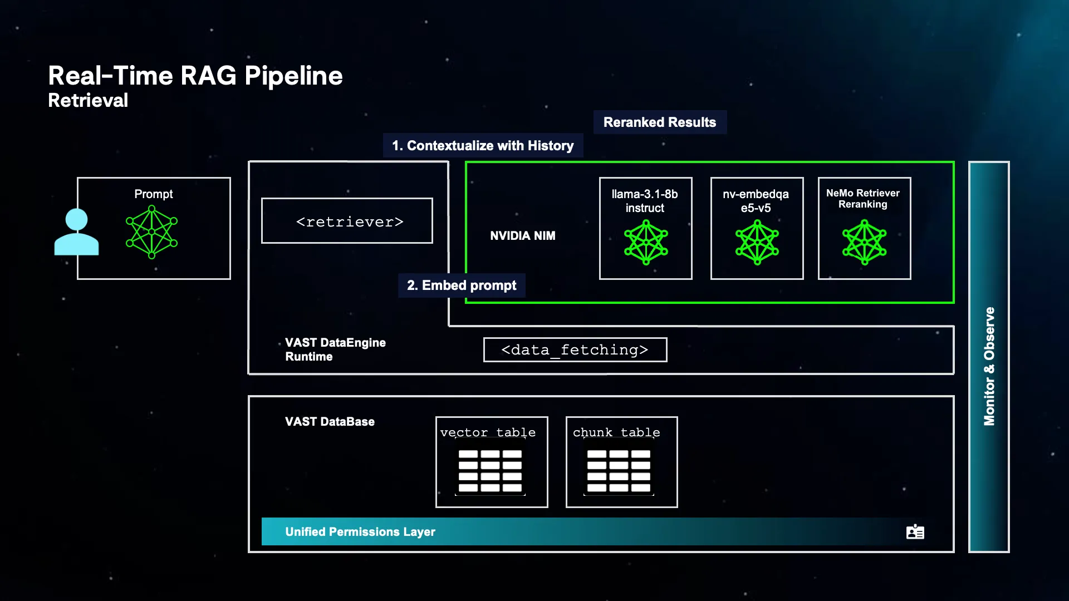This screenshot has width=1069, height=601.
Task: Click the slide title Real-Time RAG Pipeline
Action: [x=195, y=76]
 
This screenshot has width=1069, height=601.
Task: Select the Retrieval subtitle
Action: [x=88, y=101]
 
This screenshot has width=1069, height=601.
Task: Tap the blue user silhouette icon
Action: [x=76, y=232]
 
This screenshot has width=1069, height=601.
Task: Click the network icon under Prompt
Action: [x=151, y=232]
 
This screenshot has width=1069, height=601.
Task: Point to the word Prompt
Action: [x=153, y=194]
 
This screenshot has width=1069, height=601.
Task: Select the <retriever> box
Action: [x=347, y=221]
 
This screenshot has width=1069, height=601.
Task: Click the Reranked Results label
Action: [x=659, y=122]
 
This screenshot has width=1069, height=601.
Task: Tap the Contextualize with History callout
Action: [x=483, y=146]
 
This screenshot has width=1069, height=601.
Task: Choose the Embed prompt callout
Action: [x=462, y=285]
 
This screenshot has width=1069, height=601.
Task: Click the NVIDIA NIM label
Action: [x=522, y=236]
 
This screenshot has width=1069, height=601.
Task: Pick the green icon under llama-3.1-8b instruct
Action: [x=646, y=243]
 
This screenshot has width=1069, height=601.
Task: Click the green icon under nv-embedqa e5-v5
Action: [x=757, y=243]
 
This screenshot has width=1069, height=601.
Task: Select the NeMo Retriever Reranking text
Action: [x=862, y=199]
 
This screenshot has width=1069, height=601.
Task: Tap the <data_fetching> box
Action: [x=575, y=350]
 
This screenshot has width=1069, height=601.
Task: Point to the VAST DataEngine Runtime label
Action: [x=335, y=349]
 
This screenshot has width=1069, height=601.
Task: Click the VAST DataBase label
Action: [x=330, y=422]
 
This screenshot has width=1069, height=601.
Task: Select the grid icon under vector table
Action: [x=490, y=471]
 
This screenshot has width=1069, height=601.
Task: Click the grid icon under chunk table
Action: [x=619, y=471]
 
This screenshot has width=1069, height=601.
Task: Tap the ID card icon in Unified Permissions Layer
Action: [x=915, y=532]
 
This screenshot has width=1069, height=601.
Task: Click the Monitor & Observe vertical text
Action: [x=989, y=366]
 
